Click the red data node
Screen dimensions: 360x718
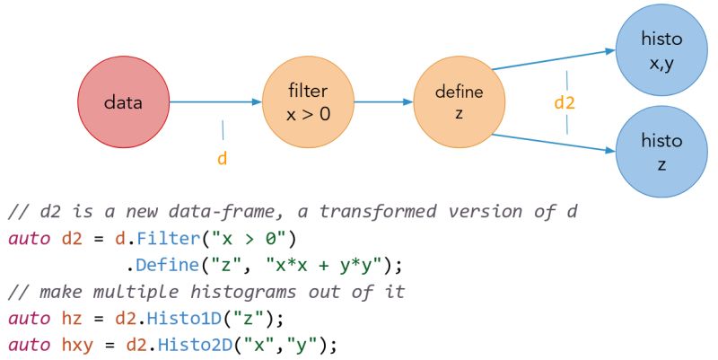coord(123,101)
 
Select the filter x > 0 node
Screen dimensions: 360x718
coord(307,102)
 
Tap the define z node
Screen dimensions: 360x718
coord(459,102)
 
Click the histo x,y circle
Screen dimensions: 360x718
coord(661,50)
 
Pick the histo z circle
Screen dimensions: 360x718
coord(661,151)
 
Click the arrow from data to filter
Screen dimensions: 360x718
coord(215,102)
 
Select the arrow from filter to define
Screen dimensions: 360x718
coord(383,102)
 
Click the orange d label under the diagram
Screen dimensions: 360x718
coord(223,159)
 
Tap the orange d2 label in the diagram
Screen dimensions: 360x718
coord(565,102)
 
